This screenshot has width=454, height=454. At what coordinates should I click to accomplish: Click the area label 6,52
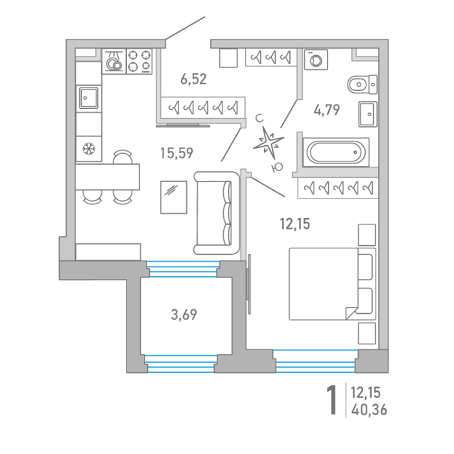click(193, 79)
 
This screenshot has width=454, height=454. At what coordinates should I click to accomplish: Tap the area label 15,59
click(176, 153)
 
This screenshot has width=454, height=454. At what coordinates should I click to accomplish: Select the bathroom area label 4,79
click(327, 110)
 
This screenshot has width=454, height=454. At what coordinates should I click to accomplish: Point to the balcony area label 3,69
click(184, 315)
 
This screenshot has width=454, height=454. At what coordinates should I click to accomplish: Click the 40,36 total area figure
click(369, 410)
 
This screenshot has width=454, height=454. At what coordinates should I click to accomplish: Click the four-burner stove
click(139, 62)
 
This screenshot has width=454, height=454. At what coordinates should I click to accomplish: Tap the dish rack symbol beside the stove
click(114, 62)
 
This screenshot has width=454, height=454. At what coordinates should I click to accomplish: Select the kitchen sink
click(89, 98)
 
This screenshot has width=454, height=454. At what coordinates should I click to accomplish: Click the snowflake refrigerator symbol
click(89, 149)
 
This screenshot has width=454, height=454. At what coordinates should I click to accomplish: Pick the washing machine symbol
click(316, 60)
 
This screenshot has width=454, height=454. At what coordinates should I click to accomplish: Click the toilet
click(362, 84)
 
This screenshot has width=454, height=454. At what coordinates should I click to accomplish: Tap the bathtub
click(336, 152)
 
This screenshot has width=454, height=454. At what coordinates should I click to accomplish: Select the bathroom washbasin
click(368, 114)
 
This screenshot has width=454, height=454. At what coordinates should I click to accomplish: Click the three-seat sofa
click(217, 213)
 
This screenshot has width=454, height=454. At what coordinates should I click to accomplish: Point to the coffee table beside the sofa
click(174, 197)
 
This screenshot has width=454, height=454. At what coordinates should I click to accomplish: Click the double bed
click(332, 284)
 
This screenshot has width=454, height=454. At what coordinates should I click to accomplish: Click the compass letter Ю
click(277, 167)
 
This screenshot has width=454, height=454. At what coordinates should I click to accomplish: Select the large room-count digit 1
click(331, 400)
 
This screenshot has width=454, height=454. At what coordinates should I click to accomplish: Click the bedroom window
click(316, 361)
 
